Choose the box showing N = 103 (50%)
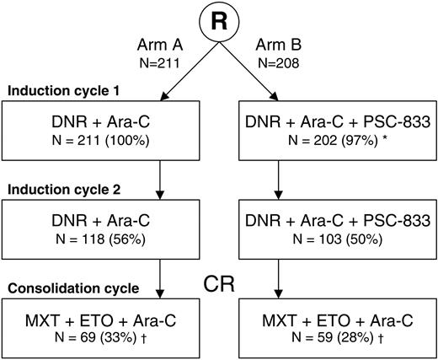336,229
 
